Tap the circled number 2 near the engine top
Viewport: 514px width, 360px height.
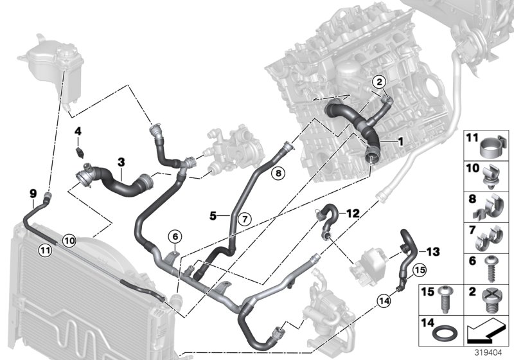click(379, 82)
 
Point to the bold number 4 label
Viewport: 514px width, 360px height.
click(78, 132)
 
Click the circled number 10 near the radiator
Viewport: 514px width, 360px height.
click(69, 240)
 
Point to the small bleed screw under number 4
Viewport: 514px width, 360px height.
click(79, 152)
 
